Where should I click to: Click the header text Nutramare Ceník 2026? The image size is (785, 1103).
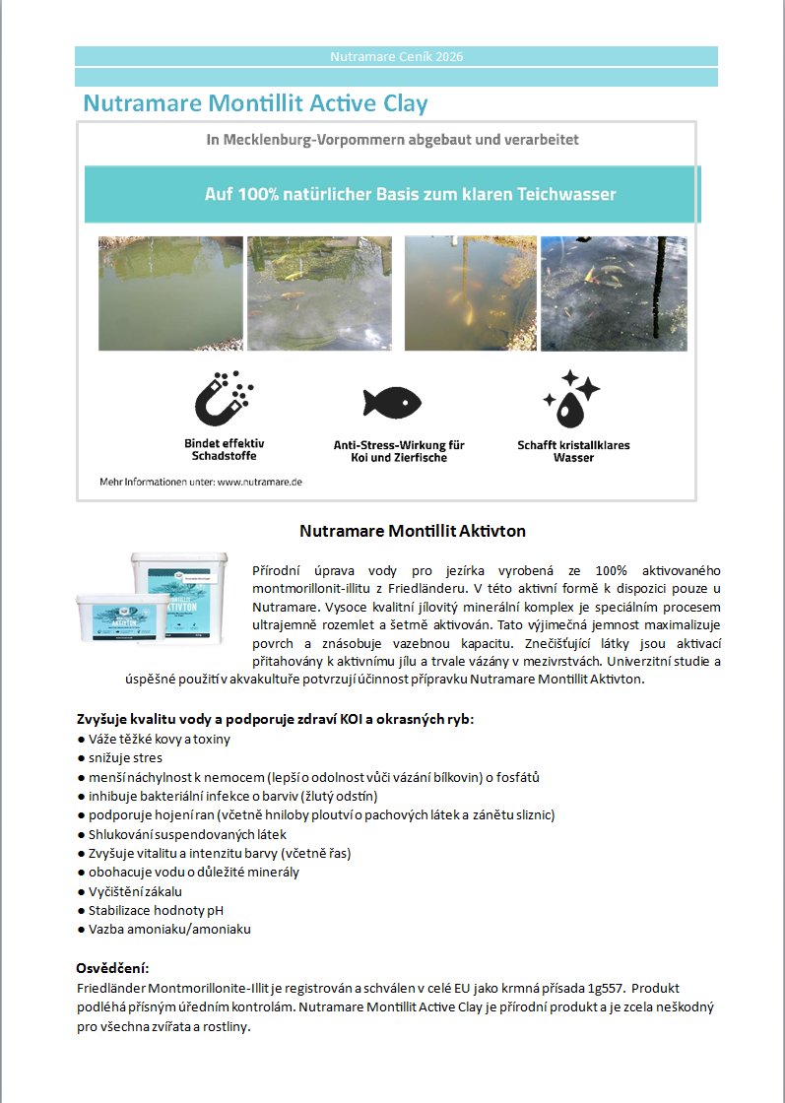click(396, 56)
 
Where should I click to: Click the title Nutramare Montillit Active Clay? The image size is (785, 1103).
click(255, 103)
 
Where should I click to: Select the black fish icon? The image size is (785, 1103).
click(391, 402)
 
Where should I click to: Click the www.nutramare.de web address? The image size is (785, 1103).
click(259, 483)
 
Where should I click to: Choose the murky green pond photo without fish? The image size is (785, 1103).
click(169, 293)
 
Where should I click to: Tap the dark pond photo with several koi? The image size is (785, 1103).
click(614, 293)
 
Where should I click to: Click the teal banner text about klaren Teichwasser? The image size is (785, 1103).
click(410, 194)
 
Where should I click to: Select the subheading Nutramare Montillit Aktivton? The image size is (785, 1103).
click(412, 531)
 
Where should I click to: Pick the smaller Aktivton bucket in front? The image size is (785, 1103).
click(116, 627)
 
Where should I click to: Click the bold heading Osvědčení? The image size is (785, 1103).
click(112, 968)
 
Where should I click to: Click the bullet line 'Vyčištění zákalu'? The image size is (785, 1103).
click(135, 891)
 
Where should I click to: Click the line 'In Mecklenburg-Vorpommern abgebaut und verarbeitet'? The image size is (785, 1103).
click(392, 140)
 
